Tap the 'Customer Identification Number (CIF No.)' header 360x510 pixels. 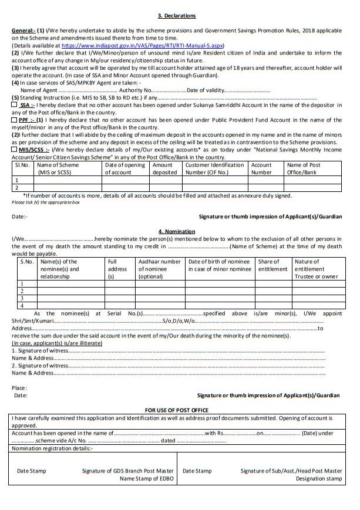pos(214,169)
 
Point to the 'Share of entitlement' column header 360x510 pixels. pos(269,265)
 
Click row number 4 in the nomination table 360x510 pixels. pos(22,305)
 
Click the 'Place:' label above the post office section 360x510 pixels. pos(19,388)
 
